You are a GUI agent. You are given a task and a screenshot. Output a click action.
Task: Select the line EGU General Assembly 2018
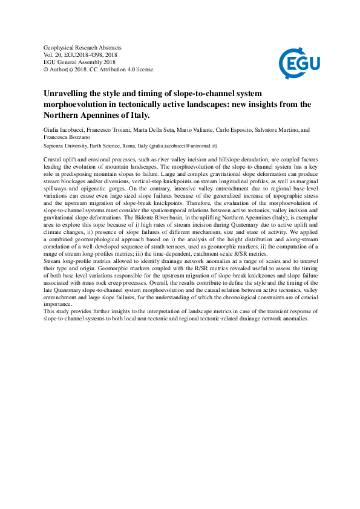80,62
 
